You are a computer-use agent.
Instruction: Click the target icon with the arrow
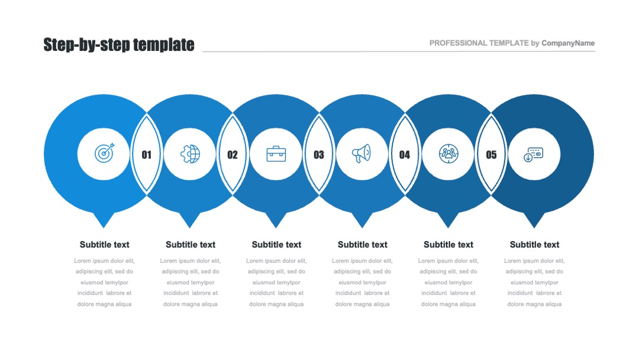pos(104,153)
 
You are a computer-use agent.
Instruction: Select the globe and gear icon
pos(191,154)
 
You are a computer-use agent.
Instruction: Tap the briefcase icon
pos(276,154)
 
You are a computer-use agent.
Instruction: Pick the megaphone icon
pos(362,154)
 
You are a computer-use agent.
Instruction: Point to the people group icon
pos(448,154)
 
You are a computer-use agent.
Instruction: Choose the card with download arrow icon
pos(534,155)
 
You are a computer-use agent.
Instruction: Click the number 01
pos(146,155)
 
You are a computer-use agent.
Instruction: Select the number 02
pos(233,155)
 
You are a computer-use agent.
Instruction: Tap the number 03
pos(319,155)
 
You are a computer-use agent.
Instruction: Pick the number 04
pos(405,155)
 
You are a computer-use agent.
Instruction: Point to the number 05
pos(491,155)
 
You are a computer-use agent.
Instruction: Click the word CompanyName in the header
pos(568,43)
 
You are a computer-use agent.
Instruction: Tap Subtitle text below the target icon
pos(104,245)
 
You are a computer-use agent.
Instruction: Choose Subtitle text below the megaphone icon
pos(362,245)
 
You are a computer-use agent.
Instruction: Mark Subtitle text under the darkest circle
pos(534,245)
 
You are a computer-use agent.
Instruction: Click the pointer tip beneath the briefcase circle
pos(276,227)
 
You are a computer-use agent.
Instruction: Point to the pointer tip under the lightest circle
pos(104,227)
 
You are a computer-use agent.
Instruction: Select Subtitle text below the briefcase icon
pos(276,245)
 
